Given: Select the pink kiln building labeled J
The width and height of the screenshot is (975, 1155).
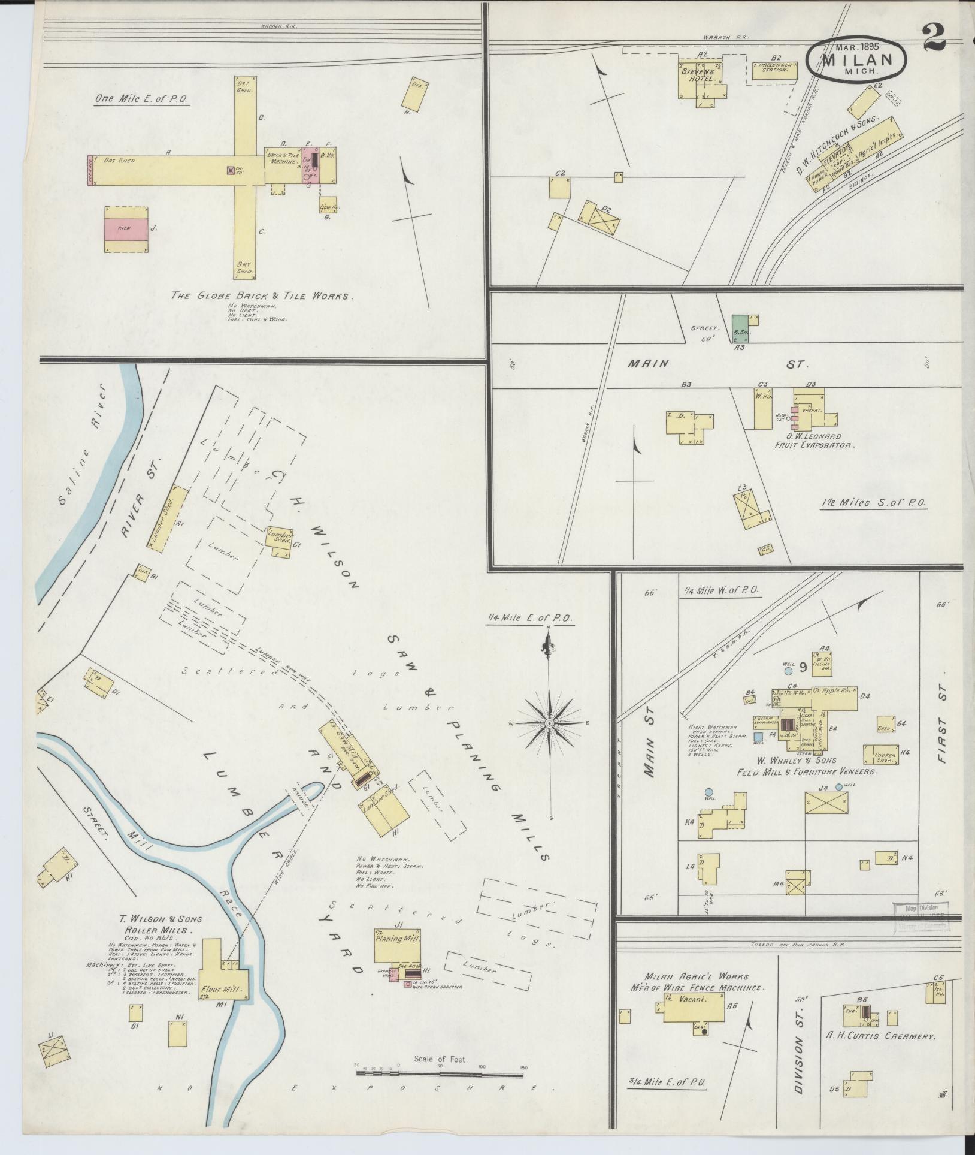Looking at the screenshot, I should tap(126, 230).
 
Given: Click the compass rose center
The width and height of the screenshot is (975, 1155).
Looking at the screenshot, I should tap(549, 724).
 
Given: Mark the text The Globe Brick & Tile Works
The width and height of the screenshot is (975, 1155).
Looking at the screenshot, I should tap(262, 295).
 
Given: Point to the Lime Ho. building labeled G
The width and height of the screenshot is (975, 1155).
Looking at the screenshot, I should tap(327, 205).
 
